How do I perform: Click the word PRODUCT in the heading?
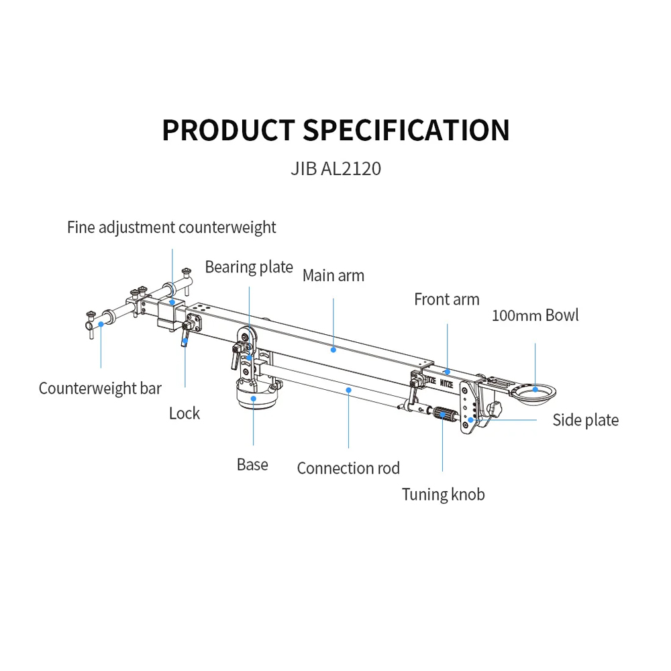tap(228, 130)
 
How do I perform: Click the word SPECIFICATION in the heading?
tap(406, 130)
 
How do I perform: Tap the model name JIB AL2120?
tap(335, 168)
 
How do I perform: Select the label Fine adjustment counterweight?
tap(171, 227)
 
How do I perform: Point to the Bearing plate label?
tap(249, 267)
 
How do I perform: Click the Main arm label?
tap(333, 275)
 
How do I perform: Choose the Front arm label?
tap(447, 299)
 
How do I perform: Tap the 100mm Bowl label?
tap(535, 315)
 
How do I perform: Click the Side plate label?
tap(585, 420)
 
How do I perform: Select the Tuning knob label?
tap(443, 495)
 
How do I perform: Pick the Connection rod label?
tap(348, 468)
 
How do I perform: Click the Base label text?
tap(252, 464)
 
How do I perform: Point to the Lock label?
tap(185, 413)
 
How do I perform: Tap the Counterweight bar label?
tap(100, 388)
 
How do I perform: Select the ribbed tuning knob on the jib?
tap(443, 414)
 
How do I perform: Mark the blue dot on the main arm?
tap(333, 349)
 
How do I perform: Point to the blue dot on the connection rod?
tap(348, 389)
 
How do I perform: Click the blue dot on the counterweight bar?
tap(101, 324)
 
